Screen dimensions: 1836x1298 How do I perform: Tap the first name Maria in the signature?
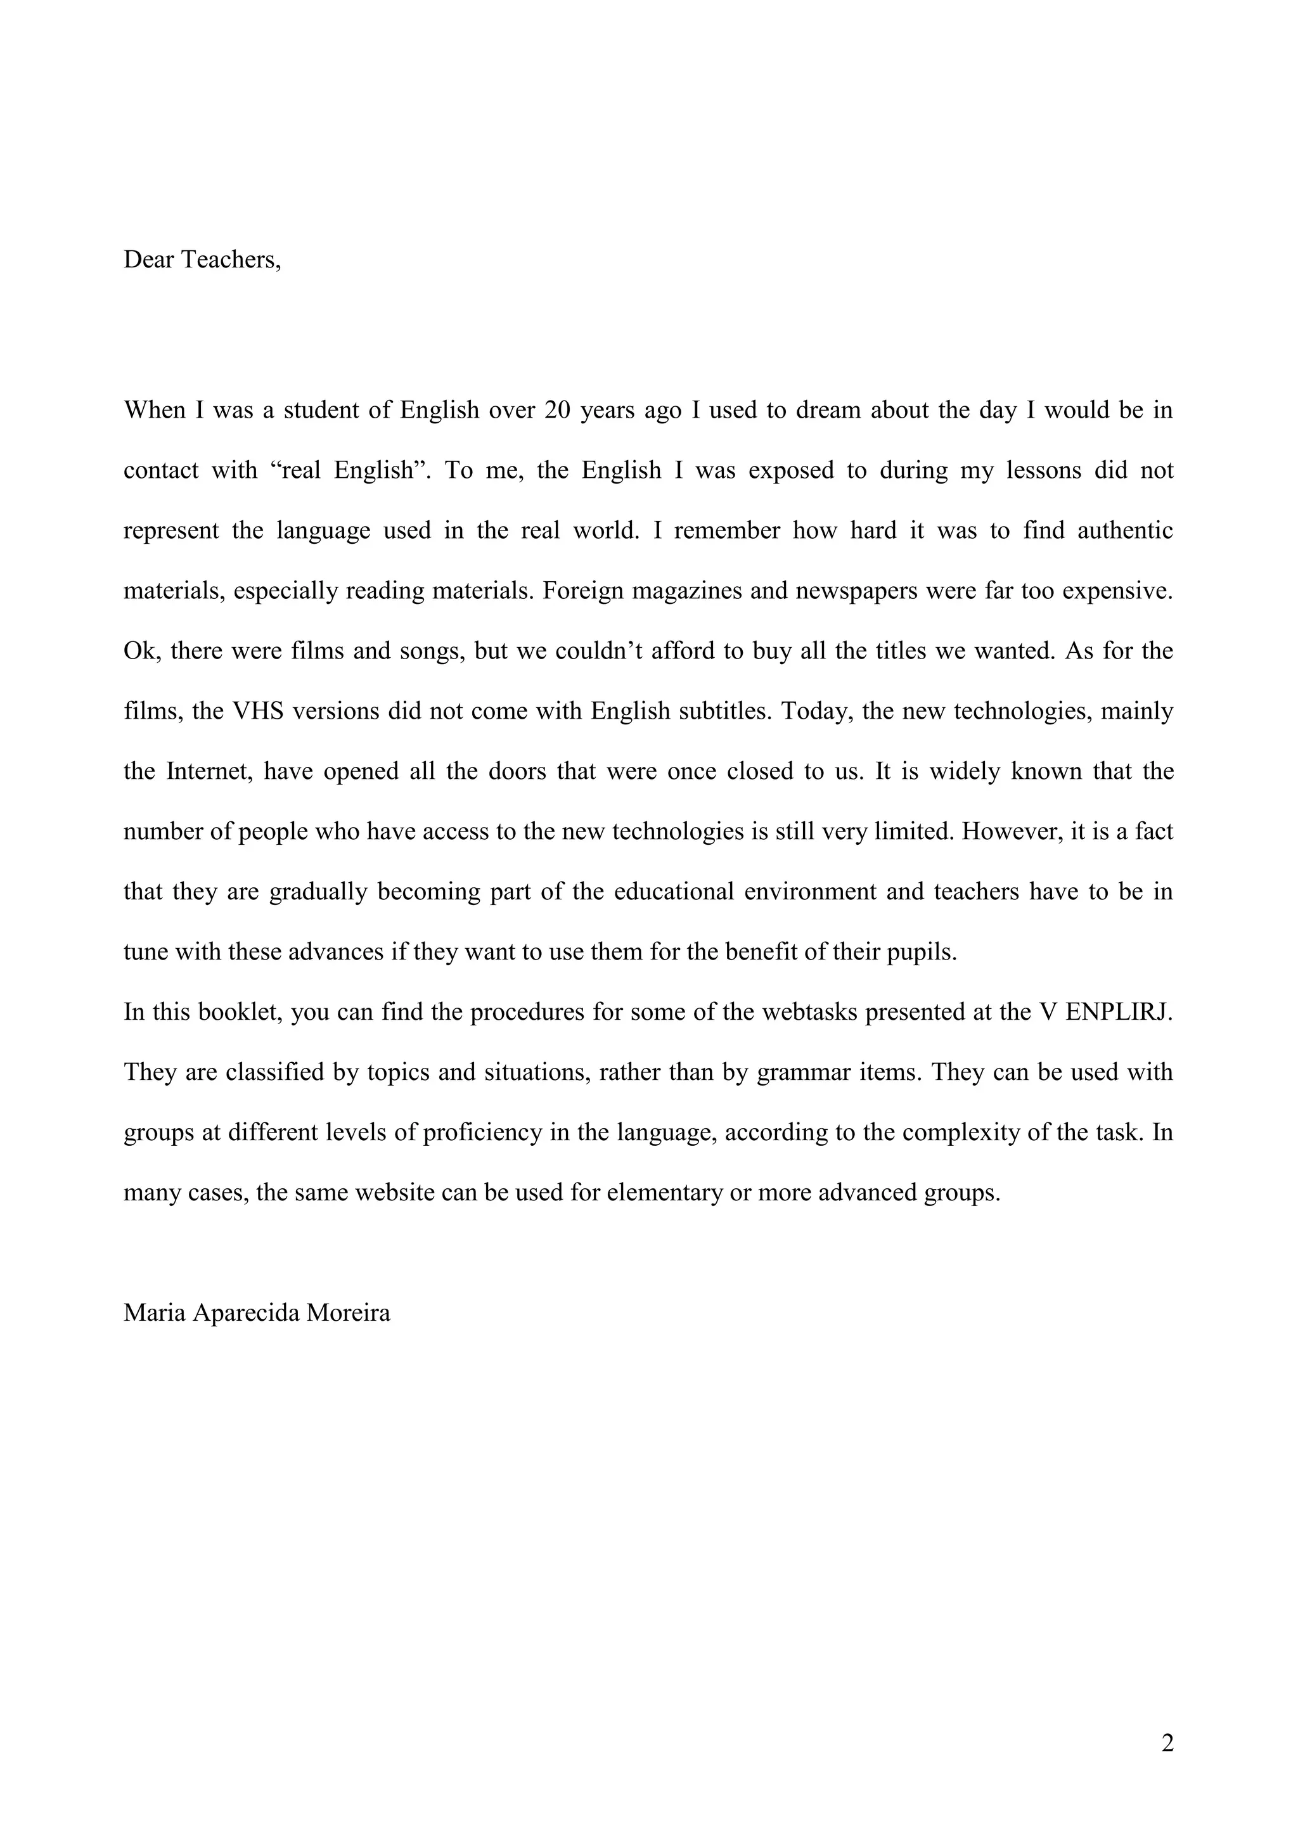point(155,1313)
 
